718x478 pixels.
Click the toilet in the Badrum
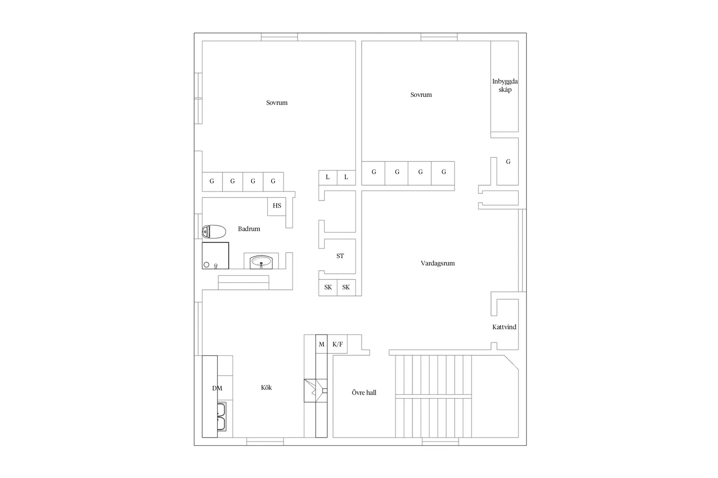(214, 232)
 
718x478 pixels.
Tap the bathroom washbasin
(261, 262)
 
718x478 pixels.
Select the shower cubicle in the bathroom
(215, 256)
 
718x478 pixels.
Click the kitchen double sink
(221, 417)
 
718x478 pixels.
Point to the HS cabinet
(277, 206)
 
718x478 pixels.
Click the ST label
(340, 256)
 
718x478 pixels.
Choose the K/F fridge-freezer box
(338, 344)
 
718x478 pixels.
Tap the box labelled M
(322, 344)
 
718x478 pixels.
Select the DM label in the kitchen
(217, 388)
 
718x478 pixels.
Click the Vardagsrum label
(437, 263)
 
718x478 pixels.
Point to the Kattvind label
(504, 327)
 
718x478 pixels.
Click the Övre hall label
(364, 392)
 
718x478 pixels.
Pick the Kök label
(266, 387)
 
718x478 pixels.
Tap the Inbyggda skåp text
(505, 86)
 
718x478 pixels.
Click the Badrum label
(249, 229)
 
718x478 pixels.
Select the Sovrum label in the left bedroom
(277, 103)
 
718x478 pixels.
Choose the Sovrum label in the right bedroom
(421, 94)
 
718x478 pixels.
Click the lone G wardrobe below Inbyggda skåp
(508, 162)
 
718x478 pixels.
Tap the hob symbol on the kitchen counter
(316, 391)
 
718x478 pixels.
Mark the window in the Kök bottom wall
(265, 441)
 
